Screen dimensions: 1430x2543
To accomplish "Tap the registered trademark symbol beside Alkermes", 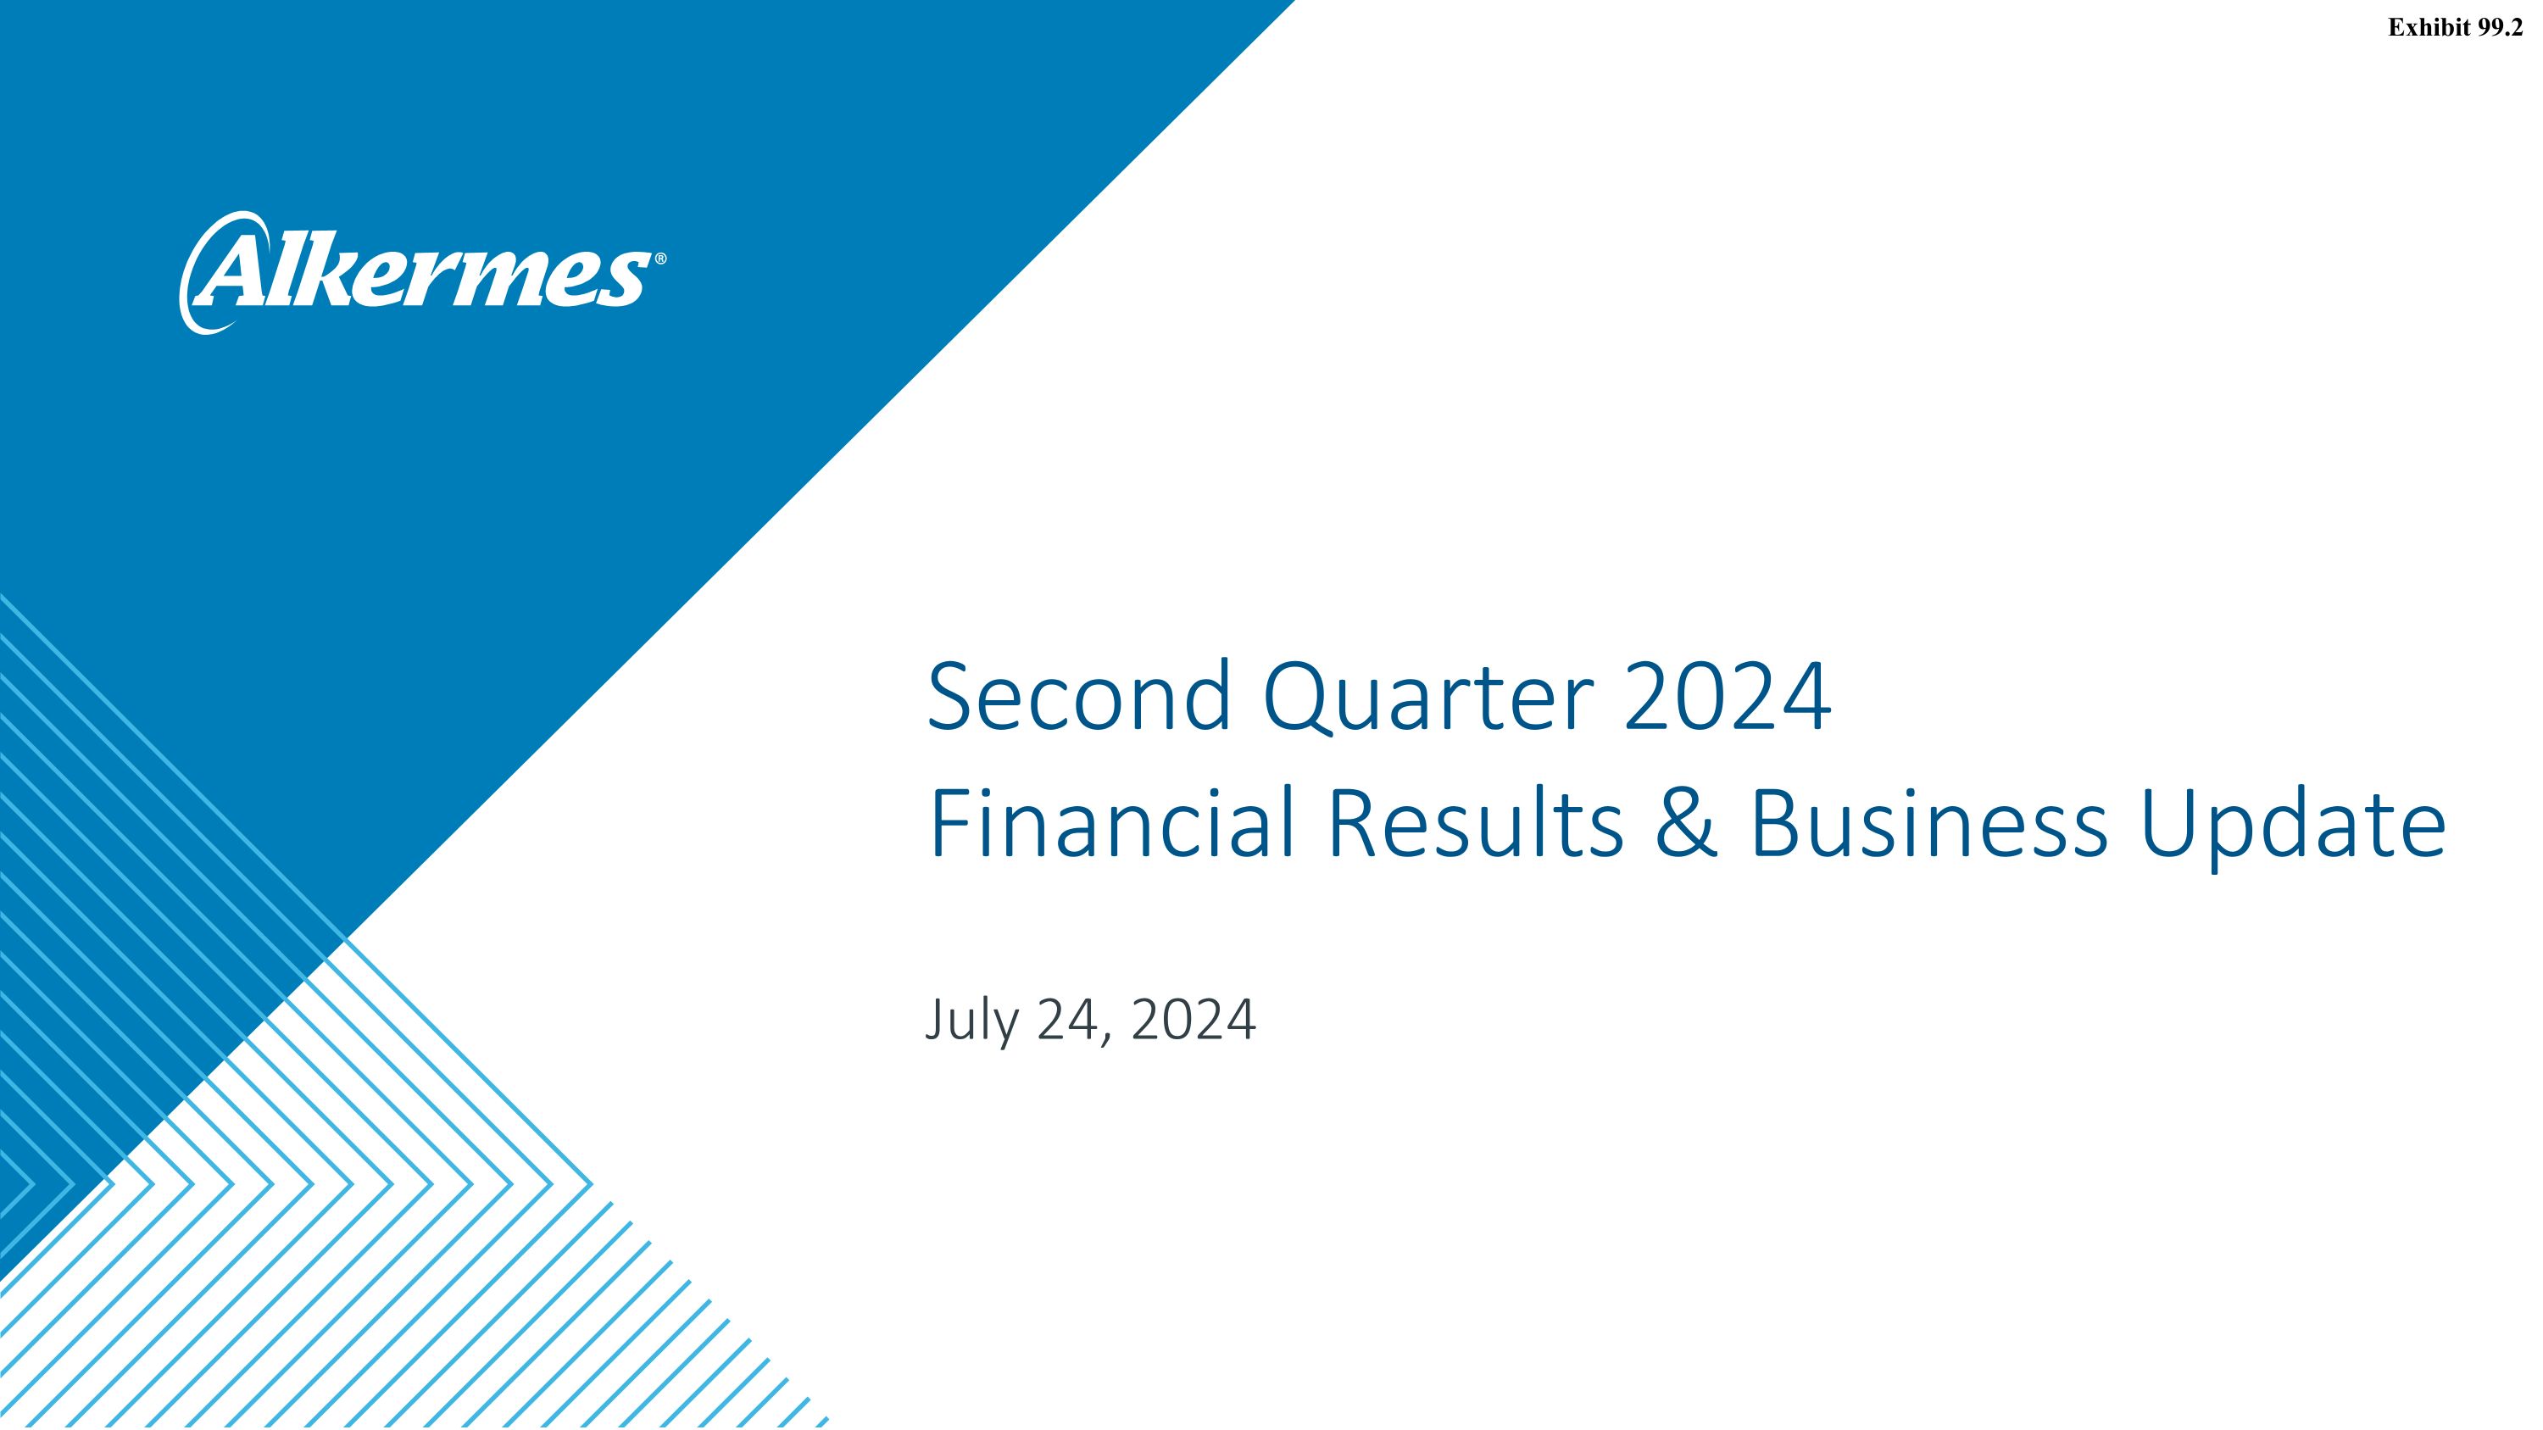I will pyautogui.click(x=660, y=259).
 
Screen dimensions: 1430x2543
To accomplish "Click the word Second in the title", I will pyautogui.click(x=1079, y=697).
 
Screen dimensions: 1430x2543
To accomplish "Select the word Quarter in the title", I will pyautogui.click(x=1427, y=698).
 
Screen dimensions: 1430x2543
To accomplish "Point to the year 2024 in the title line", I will pyautogui.click(x=1727, y=697).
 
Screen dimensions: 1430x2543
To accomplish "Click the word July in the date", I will pyautogui.click(x=971, y=1021).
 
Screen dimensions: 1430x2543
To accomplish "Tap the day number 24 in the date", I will pyautogui.click(x=1068, y=1020).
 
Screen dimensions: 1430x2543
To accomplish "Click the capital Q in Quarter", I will pyautogui.click(x=1295, y=698).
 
